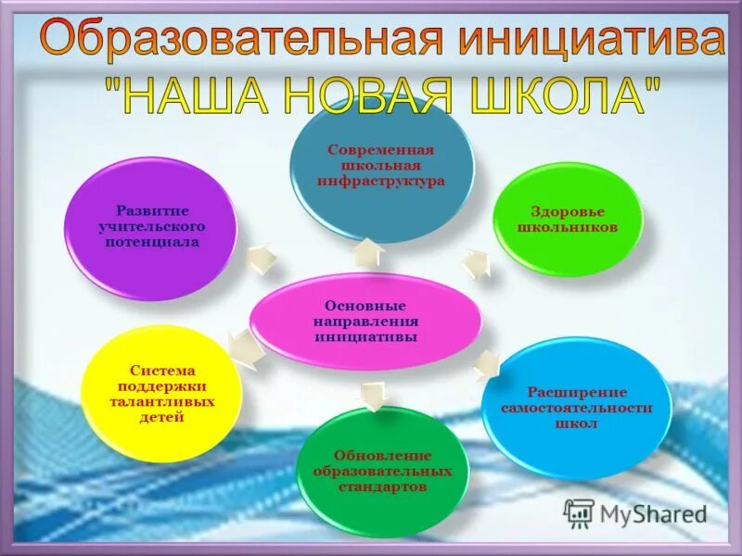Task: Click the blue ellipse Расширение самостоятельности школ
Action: pos(577,408)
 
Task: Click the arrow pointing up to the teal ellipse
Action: pos(368,252)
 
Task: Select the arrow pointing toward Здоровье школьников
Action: pos(476,263)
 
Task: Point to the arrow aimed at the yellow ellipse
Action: pos(243,350)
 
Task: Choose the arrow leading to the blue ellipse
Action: pos(485,365)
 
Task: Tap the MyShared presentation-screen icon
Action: pos(579,512)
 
